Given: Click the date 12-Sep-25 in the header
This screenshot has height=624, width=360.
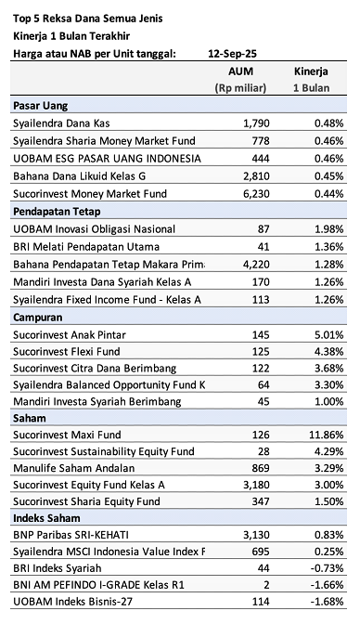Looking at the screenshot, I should click(x=233, y=53).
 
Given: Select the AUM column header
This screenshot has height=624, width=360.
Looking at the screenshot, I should click(x=240, y=71).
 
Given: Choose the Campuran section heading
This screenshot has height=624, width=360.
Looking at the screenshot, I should click(x=39, y=317).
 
